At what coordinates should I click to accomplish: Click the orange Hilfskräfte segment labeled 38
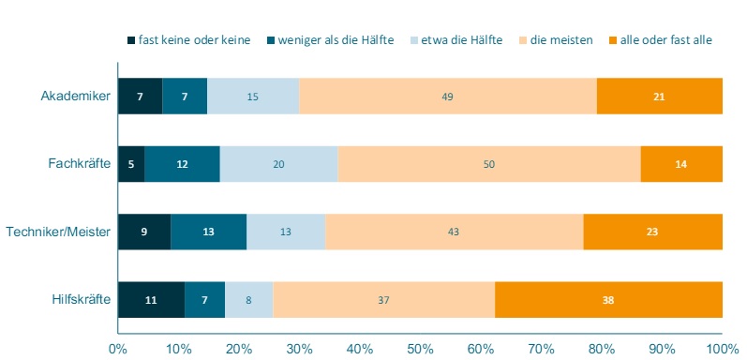[608, 300]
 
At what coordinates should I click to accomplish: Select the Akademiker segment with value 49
[448, 96]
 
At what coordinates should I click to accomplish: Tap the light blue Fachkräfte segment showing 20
[278, 164]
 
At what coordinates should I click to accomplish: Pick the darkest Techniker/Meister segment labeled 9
[144, 232]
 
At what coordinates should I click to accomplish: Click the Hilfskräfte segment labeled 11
[151, 300]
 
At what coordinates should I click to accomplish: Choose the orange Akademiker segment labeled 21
[660, 96]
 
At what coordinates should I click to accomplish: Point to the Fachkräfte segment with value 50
[489, 164]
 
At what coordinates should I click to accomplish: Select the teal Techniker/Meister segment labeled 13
[209, 232]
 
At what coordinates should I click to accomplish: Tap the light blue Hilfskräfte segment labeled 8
[248, 300]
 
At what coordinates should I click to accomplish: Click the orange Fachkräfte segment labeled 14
[681, 164]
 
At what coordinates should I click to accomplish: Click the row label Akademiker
[76, 96]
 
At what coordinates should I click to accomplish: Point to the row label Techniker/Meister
[58, 232]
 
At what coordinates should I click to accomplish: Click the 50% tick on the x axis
[420, 349]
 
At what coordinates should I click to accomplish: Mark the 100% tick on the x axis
[722, 349]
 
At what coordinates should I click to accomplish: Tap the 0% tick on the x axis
[118, 349]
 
